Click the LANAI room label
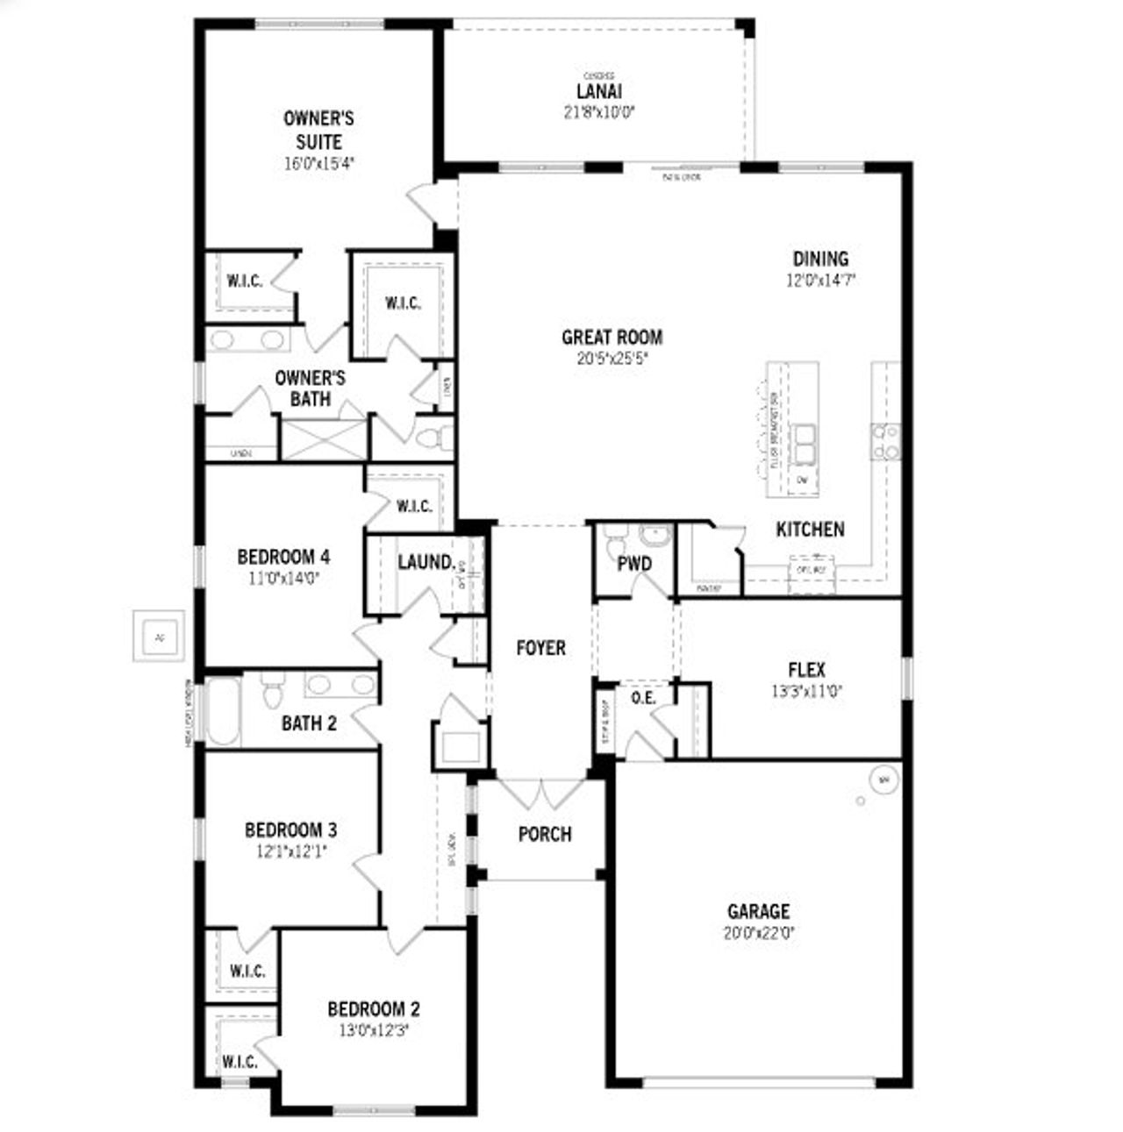click(x=599, y=91)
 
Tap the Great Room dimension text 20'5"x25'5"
click(x=612, y=358)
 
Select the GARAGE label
click(x=758, y=912)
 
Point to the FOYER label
click(x=540, y=648)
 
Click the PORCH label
click(x=544, y=834)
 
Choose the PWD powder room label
click(x=633, y=564)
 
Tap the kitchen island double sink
click(x=804, y=444)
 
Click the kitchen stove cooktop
click(x=884, y=441)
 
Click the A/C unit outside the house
click(x=159, y=636)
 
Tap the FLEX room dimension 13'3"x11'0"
click(x=806, y=691)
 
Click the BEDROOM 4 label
click(x=283, y=557)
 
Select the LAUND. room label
click(x=426, y=562)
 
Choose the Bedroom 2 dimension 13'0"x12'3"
click(x=373, y=1030)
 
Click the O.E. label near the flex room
click(x=643, y=698)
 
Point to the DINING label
click(x=820, y=259)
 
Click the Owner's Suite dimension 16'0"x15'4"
click(x=318, y=163)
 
